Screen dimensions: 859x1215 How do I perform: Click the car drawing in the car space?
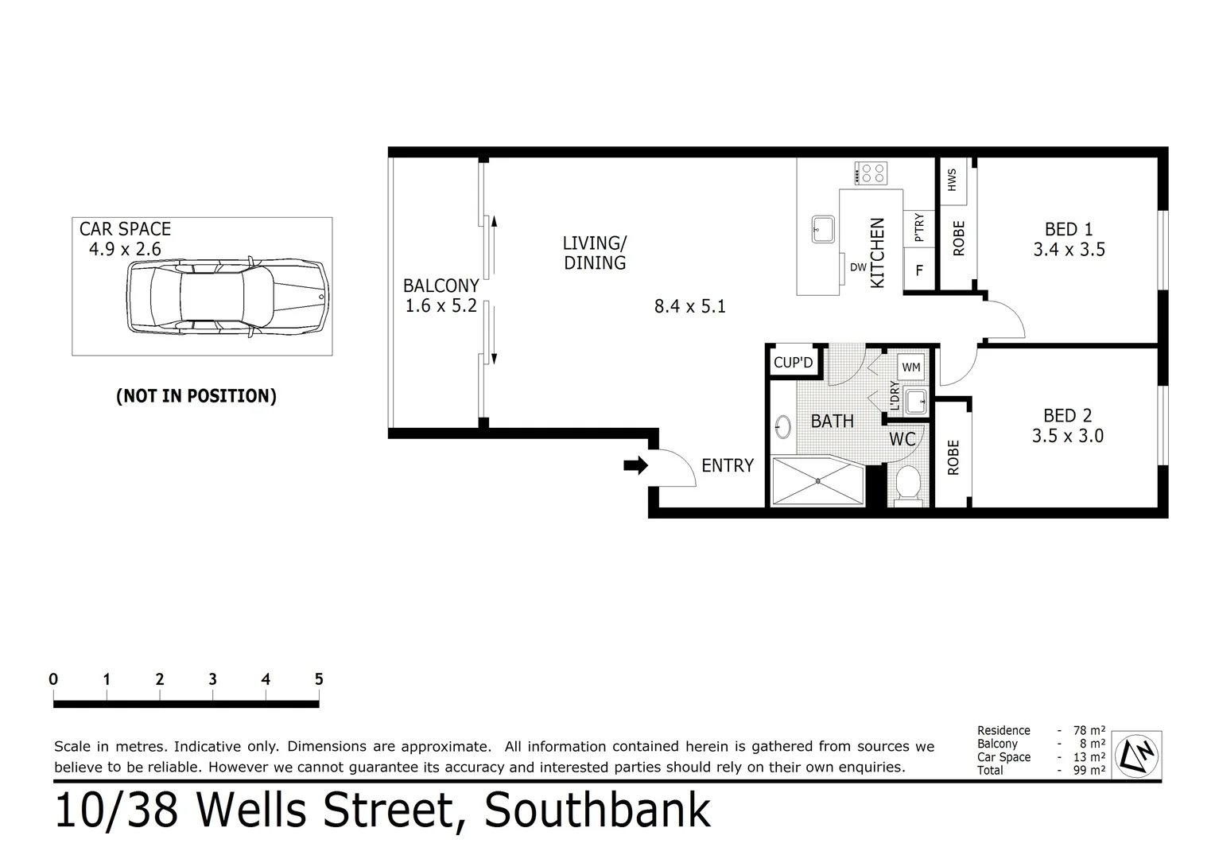[227, 295]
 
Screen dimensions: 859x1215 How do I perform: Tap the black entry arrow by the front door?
[636, 466]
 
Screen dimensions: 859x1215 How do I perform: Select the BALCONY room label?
[441, 286]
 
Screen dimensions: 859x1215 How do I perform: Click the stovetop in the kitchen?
[871, 173]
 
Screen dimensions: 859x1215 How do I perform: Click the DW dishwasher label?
[858, 268]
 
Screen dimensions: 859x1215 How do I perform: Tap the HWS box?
[952, 180]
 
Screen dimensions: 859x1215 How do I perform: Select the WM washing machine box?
[911, 367]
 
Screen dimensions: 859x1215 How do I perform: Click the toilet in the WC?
[907, 484]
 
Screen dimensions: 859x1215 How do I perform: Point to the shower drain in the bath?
[817, 480]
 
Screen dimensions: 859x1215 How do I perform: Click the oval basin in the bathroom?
[782, 427]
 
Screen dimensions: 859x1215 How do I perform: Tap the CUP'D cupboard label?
[793, 363]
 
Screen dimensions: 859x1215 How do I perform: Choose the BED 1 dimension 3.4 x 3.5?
[1069, 250]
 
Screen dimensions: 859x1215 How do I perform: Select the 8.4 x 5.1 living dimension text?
[689, 306]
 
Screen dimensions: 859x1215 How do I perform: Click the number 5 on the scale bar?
[319, 679]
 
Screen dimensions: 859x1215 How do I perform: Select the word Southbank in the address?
[597, 810]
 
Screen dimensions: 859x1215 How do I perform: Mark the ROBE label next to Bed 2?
[953, 458]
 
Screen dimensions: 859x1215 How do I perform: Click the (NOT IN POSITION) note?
[196, 396]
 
